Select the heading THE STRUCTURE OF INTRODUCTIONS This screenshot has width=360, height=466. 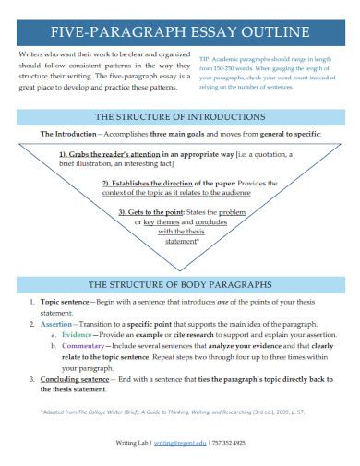(x=179, y=117)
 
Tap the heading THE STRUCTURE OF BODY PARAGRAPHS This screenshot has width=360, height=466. (x=179, y=284)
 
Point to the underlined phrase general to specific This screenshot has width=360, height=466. (x=282, y=134)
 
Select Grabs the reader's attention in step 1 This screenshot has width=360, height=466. (x=112, y=153)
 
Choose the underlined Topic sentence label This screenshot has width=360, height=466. (x=62, y=302)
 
